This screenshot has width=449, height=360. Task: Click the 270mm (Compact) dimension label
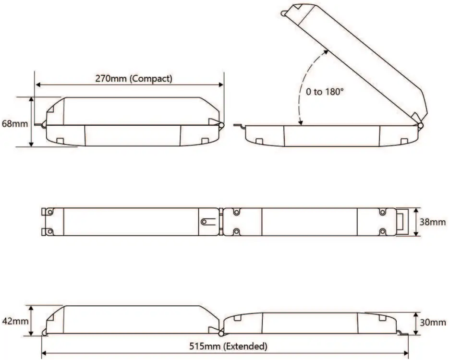[x=133, y=79]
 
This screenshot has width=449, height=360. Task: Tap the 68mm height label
[x=15, y=124]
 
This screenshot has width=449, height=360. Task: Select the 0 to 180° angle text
[x=325, y=92]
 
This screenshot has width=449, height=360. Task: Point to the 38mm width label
[x=433, y=222]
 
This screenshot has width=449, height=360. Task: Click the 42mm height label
[x=15, y=321]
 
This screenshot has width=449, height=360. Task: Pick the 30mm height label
[x=433, y=323]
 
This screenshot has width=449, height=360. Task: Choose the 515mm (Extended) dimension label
[x=228, y=346]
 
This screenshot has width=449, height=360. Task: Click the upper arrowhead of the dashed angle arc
[x=326, y=52]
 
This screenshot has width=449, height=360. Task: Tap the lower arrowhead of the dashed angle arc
[x=300, y=122]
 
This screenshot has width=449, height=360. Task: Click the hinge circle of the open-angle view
[x=420, y=126]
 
